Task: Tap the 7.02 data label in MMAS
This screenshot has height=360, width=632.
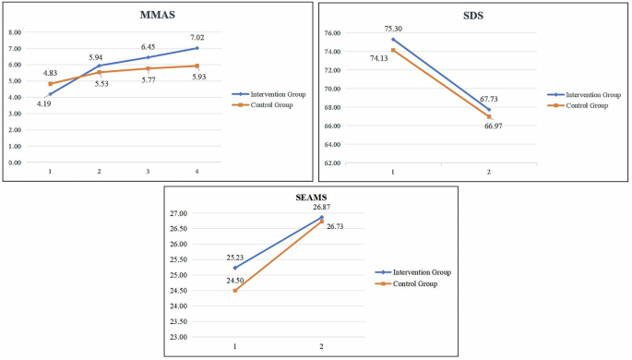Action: click(197, 36)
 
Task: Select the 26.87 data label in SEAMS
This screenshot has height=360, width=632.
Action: click(321, 208)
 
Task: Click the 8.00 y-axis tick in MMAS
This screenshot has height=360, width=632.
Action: click(16, 32)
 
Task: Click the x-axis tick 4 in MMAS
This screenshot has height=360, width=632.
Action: click(197, 171)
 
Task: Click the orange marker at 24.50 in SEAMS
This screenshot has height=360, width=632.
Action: click(235, 291)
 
